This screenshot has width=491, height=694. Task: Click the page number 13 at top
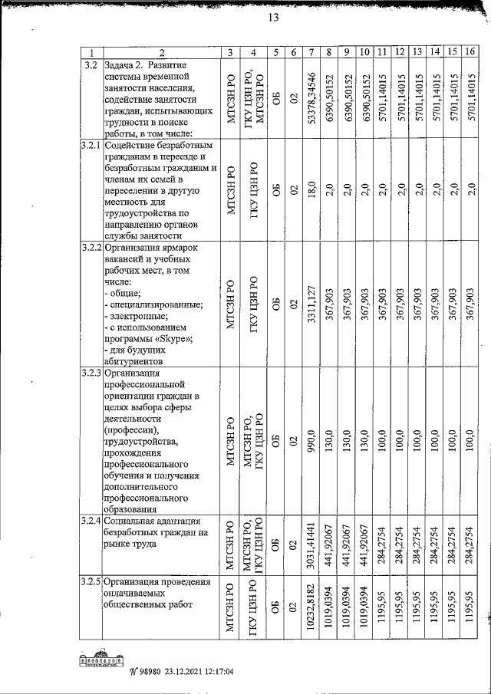(x=272, y=18)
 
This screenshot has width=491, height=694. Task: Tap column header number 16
(x=470, y=52)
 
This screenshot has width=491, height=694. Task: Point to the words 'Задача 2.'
(x=127, y=64)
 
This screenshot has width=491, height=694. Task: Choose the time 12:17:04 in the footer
(x=213, y=673)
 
